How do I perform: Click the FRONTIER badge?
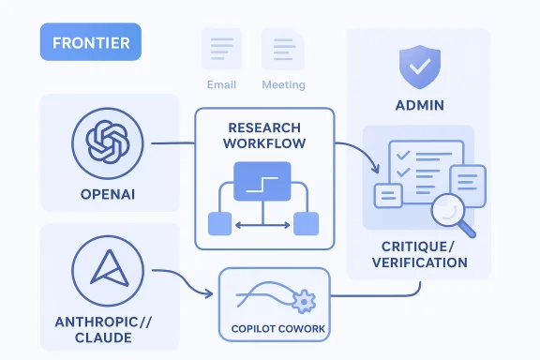(90, 43)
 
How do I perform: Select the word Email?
(221, 85)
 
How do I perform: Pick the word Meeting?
(283, 85)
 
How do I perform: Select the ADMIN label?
(418, 104)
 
